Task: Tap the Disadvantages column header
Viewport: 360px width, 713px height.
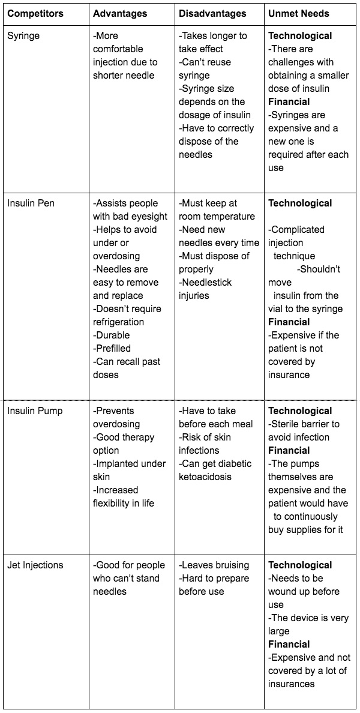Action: [212, 13]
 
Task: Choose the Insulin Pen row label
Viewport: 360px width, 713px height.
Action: [31, 203]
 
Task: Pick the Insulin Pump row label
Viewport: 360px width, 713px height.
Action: [35, 411]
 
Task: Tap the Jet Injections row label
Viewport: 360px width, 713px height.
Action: [35, 565]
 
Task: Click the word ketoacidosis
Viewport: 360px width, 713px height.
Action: [205, 477]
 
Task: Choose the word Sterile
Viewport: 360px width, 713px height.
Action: [285, 424]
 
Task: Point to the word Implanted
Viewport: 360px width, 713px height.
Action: [116, 464]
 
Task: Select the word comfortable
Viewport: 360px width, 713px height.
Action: [118, 49]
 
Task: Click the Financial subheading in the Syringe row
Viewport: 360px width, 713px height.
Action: [289, 102]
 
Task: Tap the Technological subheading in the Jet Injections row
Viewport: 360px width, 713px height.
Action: [300, 565]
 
